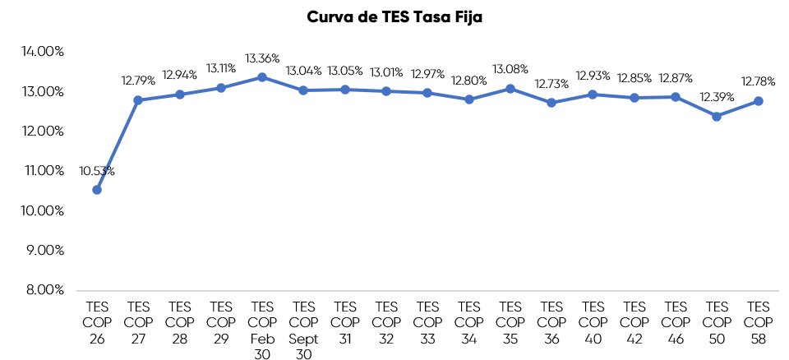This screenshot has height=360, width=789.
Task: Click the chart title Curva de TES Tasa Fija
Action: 394,17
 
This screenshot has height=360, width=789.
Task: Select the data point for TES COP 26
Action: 97,190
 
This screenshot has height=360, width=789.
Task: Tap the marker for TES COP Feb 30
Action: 262,77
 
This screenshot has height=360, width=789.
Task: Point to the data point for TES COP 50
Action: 717,117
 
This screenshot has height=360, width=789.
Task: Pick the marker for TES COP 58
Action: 759,101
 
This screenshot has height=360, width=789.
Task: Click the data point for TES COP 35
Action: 510,88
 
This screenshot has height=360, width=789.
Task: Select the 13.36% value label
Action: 262,58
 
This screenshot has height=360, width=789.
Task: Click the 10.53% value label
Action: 97,171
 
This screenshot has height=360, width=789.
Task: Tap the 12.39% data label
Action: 717,98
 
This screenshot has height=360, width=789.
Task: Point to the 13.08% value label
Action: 510,68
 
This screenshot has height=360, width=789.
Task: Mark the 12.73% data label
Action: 551,84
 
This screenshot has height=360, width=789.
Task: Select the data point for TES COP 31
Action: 345,90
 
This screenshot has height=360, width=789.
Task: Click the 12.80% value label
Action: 469,81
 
